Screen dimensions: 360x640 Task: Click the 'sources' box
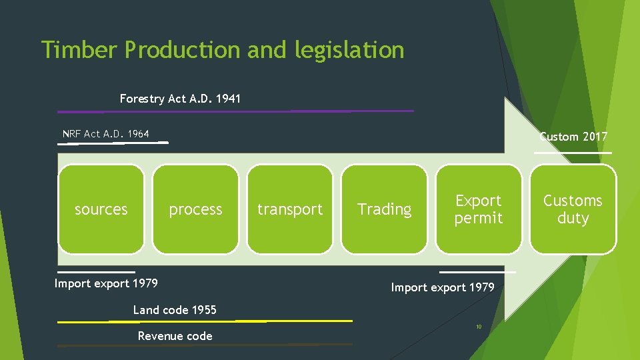click(101, 209)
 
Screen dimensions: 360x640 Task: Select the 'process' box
click(195, 209)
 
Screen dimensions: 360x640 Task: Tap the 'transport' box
click(290, 209)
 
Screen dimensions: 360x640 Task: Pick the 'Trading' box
click(385, 209)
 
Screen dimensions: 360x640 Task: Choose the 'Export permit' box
click(479, 209)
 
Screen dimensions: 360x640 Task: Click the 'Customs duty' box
click(573, 209)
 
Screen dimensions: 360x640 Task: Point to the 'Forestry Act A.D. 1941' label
click(180, 99)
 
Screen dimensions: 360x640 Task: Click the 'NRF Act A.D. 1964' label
click(106, 134)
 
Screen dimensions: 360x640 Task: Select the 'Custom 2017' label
click(573, 137)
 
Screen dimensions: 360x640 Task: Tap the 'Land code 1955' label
click(175, 310)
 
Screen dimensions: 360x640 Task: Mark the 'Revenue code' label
click(175, 336)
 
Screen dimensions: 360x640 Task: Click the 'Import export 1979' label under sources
click(106, 283)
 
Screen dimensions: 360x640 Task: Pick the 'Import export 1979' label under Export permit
click(443, 287)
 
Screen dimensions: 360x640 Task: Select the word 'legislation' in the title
click(350, 50)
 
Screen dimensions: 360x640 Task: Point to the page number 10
click(478, 327)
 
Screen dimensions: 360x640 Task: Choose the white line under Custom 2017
click(573, 153)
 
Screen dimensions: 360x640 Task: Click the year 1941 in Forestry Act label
click(227, 99)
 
